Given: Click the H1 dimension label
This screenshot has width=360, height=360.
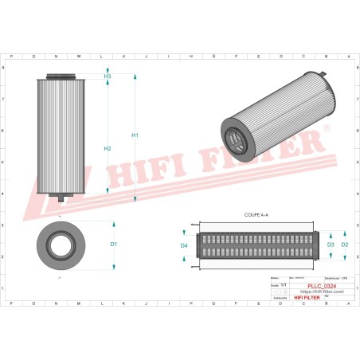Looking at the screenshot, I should (x=135, y=135).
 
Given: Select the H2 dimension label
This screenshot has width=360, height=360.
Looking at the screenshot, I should (x=108, y=149).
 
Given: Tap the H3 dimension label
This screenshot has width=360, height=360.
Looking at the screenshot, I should (x=108, y=76).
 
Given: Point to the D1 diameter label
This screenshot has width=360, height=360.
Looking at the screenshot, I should (x=114, y=244).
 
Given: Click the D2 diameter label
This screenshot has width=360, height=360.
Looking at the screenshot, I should (x=344, y=245).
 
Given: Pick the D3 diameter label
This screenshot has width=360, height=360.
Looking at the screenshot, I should (x=331, y=245).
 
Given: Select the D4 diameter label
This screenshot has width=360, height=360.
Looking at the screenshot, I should (x=184, y=245).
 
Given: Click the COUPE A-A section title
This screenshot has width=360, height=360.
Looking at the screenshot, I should (x=256, y=216).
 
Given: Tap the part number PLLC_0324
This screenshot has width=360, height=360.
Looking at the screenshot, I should (x=315, y=285).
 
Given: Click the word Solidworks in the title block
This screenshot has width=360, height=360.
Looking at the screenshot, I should (x=280, y=298).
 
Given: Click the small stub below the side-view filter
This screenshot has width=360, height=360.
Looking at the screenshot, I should (x=61, y=195).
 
